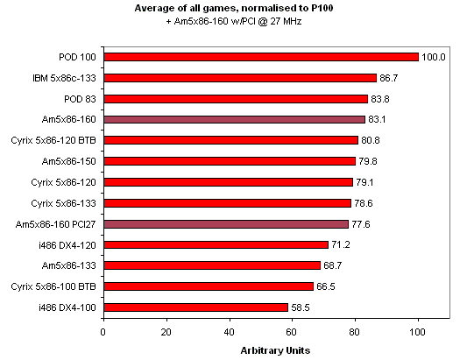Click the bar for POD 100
[x=261, y=57]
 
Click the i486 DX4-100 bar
[x=195, y=307]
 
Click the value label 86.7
[x=390, y=78]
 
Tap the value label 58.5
[x=301, y=307]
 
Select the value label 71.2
[x=342, y=245]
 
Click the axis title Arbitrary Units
[x=276, y=350]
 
